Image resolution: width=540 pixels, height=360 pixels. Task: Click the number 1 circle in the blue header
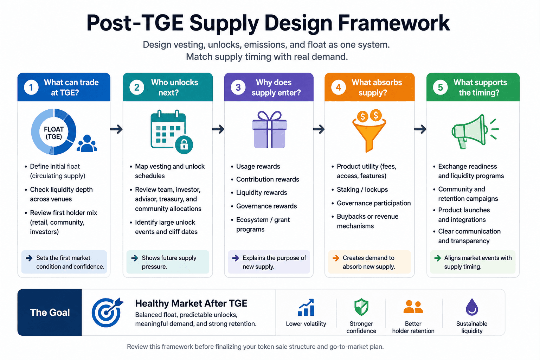coord(31,87)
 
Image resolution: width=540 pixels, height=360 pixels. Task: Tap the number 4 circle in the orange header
coord(339,87)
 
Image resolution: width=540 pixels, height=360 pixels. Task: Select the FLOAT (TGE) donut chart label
coord(54,133)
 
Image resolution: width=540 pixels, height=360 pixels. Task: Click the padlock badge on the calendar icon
coord(184,145)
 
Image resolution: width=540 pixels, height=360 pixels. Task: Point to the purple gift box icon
coord(270,129)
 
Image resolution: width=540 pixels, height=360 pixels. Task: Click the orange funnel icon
coord(369,130)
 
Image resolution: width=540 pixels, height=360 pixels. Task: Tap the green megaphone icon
coord(475,131)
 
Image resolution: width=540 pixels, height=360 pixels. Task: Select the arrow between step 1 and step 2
coord(116,129)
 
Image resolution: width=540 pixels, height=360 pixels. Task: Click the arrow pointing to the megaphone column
coord(420,129)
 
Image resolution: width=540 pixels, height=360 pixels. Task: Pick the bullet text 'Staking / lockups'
coord(362,189)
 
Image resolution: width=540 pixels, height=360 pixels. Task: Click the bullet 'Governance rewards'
coord(266,206)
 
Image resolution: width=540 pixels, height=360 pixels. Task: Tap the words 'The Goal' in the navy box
coord(50,312)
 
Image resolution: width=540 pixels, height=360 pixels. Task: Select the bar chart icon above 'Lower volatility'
coord(306,307)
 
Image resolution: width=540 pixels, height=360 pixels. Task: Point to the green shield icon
coord(361,307)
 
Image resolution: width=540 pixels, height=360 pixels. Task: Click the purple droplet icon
coord(472,307)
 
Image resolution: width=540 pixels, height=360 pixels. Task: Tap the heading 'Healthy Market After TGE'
coord(191,303)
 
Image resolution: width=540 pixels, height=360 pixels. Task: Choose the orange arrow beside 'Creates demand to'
coord(336,258)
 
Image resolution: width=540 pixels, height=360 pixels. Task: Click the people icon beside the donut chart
coord(87,143)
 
